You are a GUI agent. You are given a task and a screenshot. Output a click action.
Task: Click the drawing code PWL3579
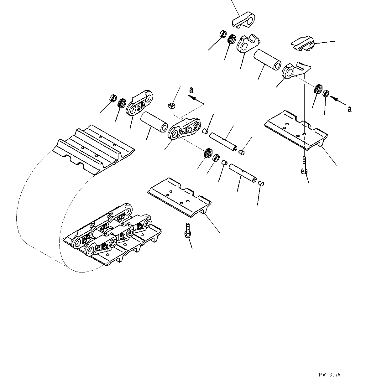tap(330, 375)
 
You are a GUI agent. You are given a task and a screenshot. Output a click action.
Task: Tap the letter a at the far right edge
tap(350, 109)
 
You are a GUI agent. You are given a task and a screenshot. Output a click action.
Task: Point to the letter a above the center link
tap(191, 90)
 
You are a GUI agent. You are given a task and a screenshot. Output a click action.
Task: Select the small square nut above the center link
tap(171, 106)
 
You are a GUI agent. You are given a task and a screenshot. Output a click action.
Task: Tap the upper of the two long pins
tap(224, 142)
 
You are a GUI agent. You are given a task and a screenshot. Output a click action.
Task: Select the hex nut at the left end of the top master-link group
tap(223, 34)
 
